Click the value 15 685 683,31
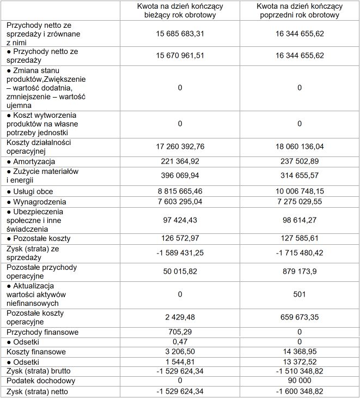(x=180, y=34)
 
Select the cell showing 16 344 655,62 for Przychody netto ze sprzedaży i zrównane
(x=300, y=34)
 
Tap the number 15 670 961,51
(x=180, y=56)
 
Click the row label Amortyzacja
(x=34, y=162)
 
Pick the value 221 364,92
(x=180, y=162)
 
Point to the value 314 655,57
(x=300, y=176)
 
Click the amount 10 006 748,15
(x=300, y=192)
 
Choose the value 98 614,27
(x=300, y=220)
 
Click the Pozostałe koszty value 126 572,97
(x=180, y=239)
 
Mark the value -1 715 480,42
(x=300, y=254)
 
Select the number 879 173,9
(x=300, y=272)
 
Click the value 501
(x=300, y=294)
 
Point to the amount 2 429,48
(x=180, y=317)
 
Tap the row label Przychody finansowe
(x=42, y=332)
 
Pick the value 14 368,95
(x=300, y=352)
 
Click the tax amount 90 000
(x=300, y=381)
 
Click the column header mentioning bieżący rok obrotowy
(x=180, y=11)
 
